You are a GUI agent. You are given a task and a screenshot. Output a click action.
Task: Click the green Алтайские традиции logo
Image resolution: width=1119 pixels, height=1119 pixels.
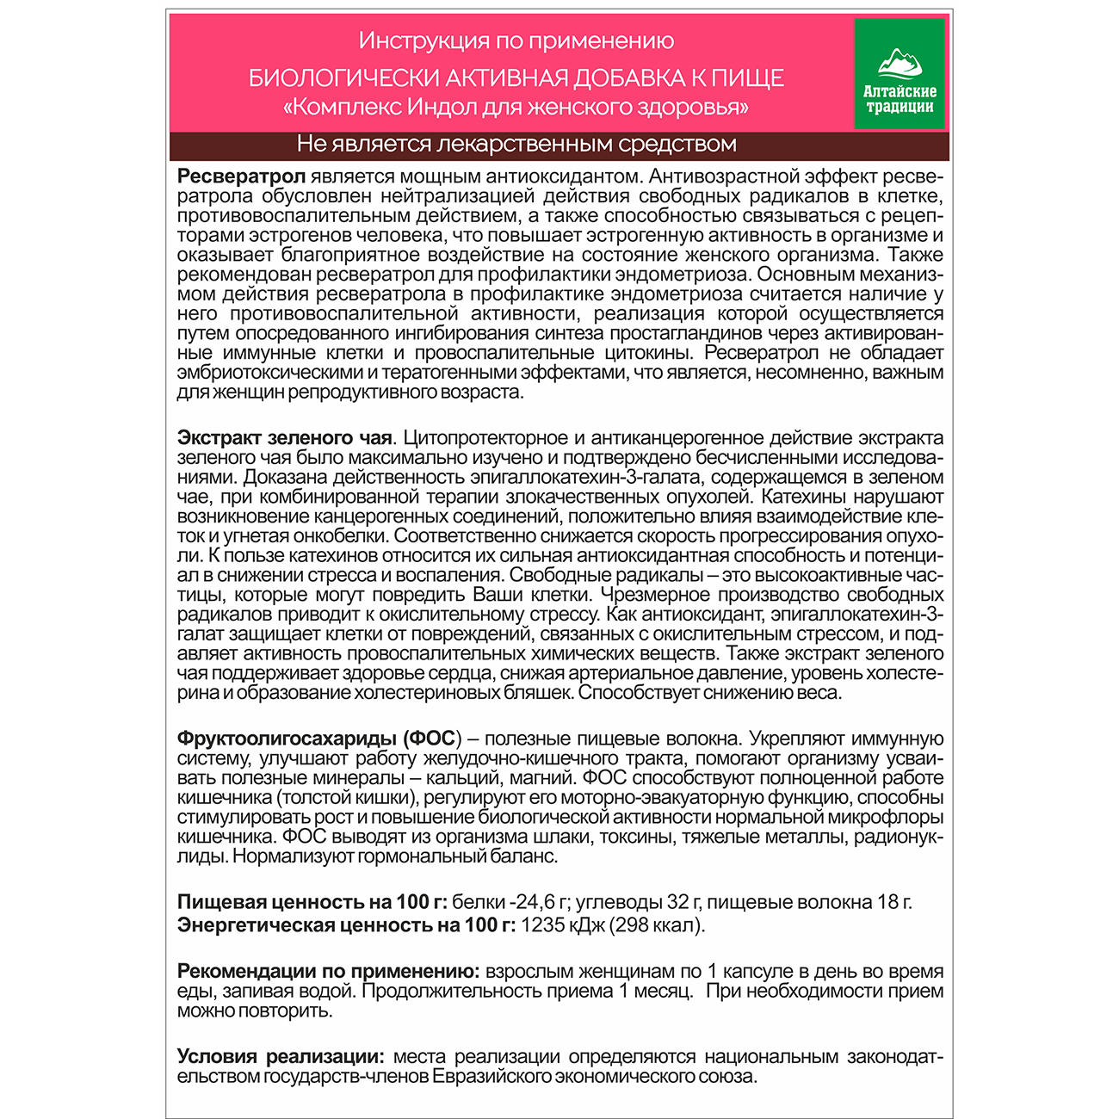point(900,74)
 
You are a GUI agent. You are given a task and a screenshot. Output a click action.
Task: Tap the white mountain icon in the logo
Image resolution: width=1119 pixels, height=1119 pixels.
point(900,63)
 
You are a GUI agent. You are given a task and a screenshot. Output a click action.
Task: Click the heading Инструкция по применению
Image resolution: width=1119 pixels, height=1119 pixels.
point(516,40)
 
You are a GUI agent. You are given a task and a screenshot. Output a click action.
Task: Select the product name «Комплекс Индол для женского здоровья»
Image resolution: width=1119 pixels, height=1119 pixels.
point(516,108)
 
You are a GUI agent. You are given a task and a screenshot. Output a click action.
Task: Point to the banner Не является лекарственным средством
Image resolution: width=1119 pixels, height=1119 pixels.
point(516,144)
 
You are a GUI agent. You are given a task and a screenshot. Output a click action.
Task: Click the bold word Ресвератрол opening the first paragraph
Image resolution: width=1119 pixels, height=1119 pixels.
point(241,176)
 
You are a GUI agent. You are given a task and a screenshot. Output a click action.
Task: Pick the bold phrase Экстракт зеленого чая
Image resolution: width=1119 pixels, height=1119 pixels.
point(285,438)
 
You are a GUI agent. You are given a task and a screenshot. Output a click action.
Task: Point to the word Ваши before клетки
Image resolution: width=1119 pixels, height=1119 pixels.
point(497,595)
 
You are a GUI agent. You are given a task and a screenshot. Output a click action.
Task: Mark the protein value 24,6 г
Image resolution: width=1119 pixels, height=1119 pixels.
point(541,902)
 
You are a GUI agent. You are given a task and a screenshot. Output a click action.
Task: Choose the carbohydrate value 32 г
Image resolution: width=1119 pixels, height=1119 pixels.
point(681,902)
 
